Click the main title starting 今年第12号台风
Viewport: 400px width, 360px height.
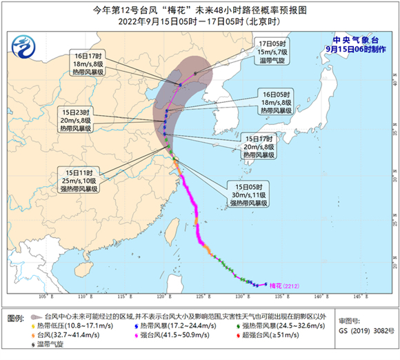tap(199, 9)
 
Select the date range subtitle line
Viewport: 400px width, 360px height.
tap(199, 21)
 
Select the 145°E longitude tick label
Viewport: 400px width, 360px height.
tap(359, 297)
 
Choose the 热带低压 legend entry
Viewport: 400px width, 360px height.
tap(70, 324)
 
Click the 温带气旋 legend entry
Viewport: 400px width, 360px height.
tap(51, 343)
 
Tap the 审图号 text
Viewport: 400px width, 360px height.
tap(352, 321)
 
